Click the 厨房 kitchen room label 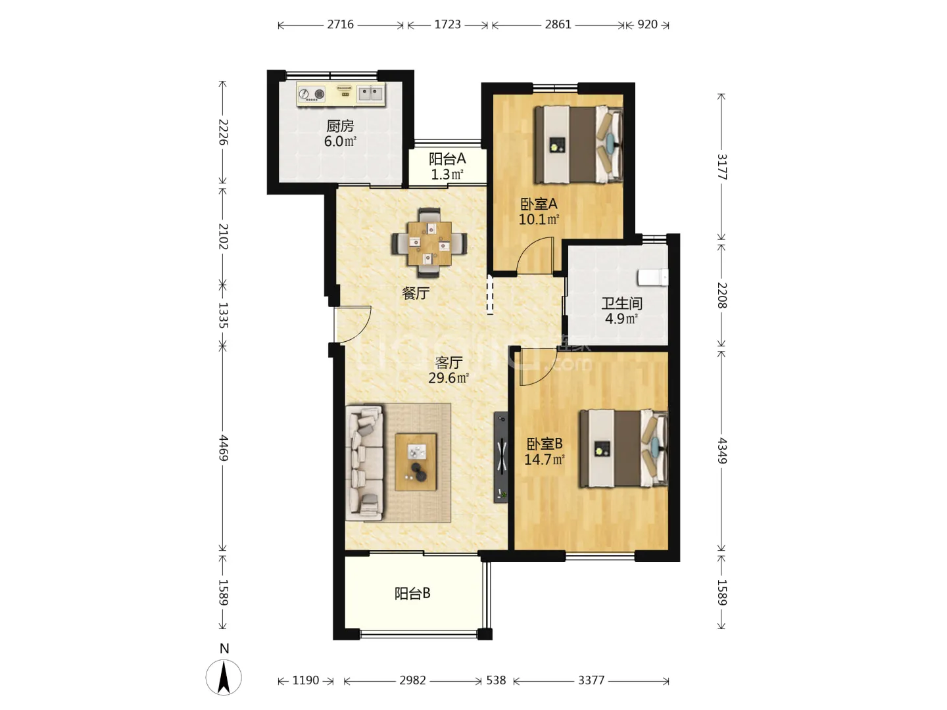(x=340, y=126)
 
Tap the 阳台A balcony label (x=447, y=159)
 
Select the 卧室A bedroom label (x=539, y=204)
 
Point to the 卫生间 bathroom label (x=621, y=304)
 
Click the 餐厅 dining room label (x=416, y=293)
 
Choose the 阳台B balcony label (x=412, y=594)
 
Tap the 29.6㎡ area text (x=449, y=377)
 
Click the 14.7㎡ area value (x=544, y=460)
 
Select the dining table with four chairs (x=429, y=243)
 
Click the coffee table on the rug (x=416, y=461)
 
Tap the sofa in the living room (x=364, y=463)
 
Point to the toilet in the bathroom (x=653, y=277)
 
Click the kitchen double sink (x=370, y=93)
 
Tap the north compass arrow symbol (x=224, y=677)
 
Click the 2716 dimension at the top (x=340, y=24)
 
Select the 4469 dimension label (x=223, y=448)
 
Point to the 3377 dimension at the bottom (x=591, y=680)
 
